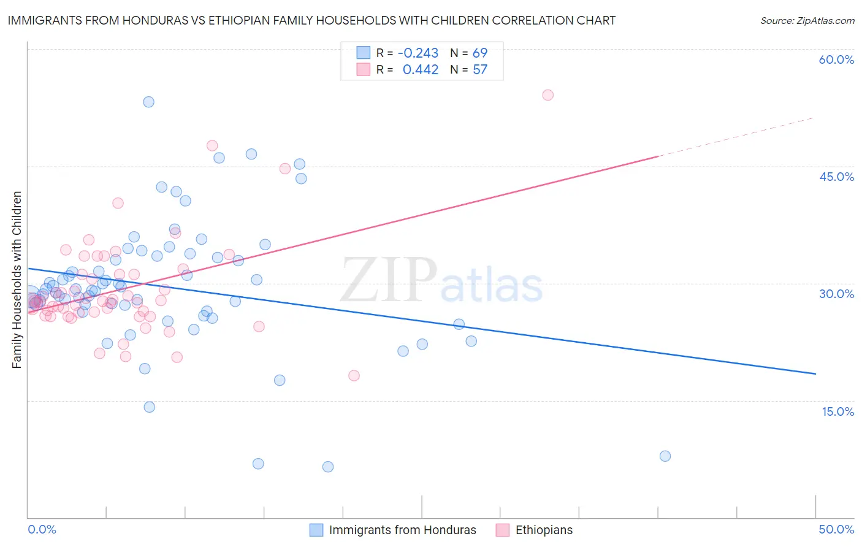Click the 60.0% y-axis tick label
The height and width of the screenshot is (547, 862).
tap(836, 59)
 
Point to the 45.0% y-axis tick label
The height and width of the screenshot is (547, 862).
tap(836, 177)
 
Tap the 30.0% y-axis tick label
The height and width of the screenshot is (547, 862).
tap(836, 294)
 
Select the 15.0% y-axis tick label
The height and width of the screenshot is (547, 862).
tap(837, 411)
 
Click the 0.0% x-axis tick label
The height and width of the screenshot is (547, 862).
tap(42, 529)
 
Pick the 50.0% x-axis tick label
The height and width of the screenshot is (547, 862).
tap(836, 529)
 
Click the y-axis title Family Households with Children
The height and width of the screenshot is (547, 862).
tap(17, 280)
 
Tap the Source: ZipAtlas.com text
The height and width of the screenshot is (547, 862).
tap(807, 20)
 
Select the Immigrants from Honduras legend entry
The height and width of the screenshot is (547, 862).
tap(402, 530)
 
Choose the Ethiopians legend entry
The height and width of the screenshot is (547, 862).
tap(544, 530)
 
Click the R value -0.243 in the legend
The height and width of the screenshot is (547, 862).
tap(418, 53)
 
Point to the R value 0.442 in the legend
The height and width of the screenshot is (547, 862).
tap(421, 69)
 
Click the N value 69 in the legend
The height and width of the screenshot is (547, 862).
tap(480, 53)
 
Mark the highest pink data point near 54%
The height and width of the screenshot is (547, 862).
tap(547, 95)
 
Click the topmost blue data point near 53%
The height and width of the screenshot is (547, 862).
tap(148, 102)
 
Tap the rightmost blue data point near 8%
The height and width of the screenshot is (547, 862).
tap(665, 456)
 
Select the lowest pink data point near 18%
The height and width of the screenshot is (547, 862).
tap(354, 375)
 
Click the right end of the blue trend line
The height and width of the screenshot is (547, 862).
tap(815, 373)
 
